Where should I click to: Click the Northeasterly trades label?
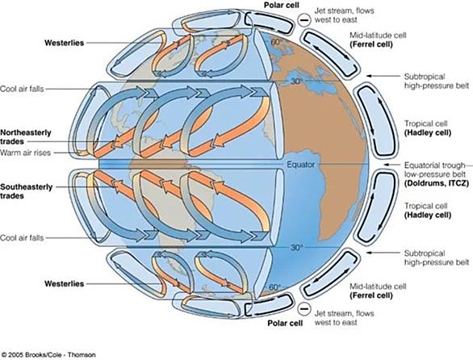point(26,137)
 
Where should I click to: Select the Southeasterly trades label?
point(27,191)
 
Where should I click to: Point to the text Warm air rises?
point(25,153)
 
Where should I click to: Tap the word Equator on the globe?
point(300,165)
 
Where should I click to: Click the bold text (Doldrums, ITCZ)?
point(437,183)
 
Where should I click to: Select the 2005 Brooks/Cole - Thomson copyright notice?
point(48,354)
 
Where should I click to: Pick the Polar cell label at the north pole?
point(282,5)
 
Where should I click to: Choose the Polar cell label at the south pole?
point(285,323)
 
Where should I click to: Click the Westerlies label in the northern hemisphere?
point(64,43)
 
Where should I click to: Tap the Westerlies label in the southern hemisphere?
point(64,283)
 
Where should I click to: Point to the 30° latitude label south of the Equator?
point(296,248)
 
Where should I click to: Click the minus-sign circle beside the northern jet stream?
point(304,20)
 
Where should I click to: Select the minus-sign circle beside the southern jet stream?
point(304,309)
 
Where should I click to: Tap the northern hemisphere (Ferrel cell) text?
point(371,44)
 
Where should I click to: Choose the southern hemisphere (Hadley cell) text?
point(428,216)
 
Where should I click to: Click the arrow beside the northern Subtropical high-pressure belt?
point(383,76)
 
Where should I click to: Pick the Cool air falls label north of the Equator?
point(22,89)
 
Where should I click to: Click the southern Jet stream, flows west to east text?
point(344,318)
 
